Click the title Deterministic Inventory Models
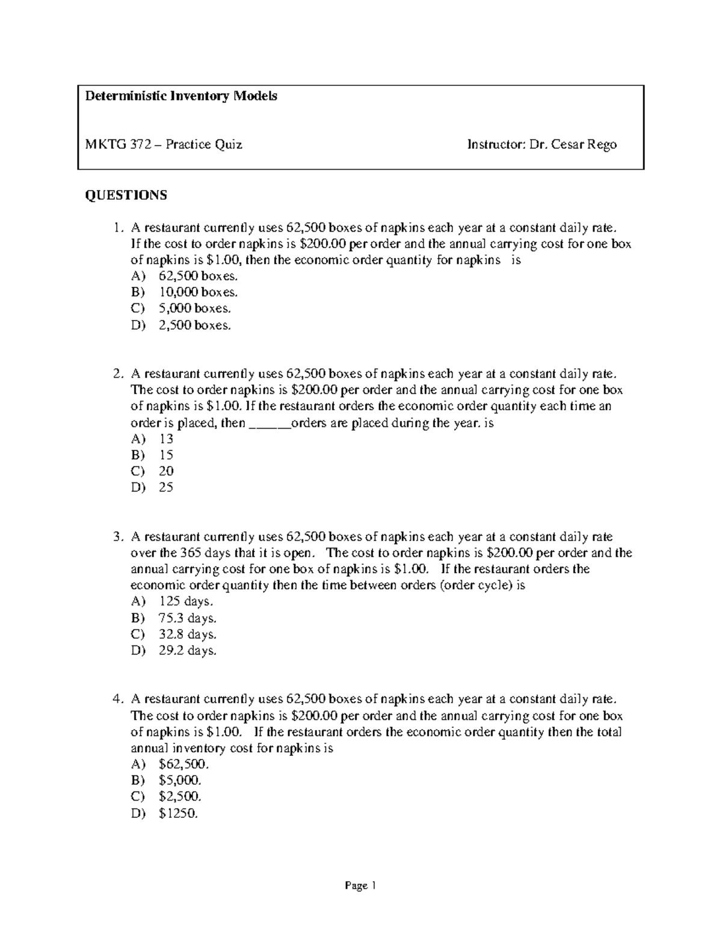(x=180, y=96)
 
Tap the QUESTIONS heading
(x=126, y=195)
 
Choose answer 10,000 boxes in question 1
(x=198, y=293)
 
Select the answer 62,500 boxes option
(x=198, y=277)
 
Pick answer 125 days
(x=186, y=601)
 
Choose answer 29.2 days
(x=187, y=651)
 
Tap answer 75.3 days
(x=187, y=618)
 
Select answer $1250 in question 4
(x=178, y=814)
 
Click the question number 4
(x=117, y=699)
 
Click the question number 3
(x=117, y=537)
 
